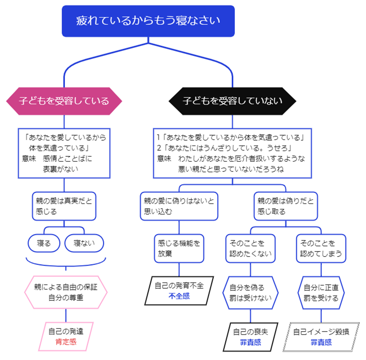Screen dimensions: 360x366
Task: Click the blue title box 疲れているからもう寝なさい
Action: (148, 21)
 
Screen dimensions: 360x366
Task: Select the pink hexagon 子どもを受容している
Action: (64, 101)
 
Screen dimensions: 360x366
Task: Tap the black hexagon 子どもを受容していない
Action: (232, 101)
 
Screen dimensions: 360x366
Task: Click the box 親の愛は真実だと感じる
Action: (63, 206)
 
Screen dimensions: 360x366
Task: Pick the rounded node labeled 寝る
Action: (44, 243)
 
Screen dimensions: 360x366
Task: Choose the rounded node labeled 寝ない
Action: (84, 243)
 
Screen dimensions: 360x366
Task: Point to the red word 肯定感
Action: (66, 341)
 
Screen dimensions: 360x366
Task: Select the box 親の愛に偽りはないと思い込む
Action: (179, 206)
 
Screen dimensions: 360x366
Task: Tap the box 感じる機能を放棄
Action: (179, 248)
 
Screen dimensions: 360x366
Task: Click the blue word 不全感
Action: (179, 296)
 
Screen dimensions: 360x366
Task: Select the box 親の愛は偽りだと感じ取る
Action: (285, 206)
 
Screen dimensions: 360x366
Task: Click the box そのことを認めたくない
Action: (250, 248)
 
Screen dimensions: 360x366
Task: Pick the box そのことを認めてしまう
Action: (321, 248)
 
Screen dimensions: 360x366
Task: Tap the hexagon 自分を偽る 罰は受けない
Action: (250, 292)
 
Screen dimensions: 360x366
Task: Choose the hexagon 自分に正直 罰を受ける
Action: (321, 292)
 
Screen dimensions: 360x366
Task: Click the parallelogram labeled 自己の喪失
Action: (250, 336)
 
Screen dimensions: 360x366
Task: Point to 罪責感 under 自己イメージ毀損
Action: (321, 342)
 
